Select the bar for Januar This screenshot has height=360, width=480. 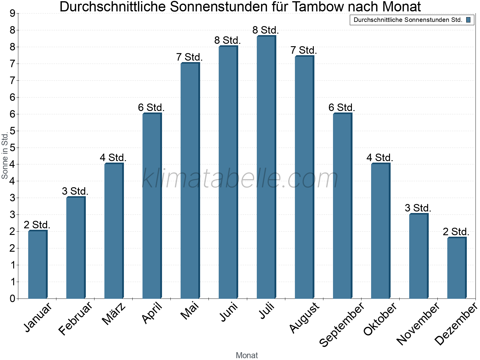(x=37, y=265)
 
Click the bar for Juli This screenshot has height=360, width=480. (x=266, y=167)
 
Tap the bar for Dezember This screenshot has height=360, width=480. (x=457, y=268)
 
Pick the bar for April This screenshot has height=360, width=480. (x=152, y=206)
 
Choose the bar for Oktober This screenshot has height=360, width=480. (x=380, y=231)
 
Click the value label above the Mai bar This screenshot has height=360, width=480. (x=189, y=57)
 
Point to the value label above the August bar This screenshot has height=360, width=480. (x=304, y=50)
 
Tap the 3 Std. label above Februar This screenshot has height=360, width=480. (x=75, y=191)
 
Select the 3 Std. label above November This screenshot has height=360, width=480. (x=418, y=208)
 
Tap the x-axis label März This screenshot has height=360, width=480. (x=114, y=314)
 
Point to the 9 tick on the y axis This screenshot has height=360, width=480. (x=13, y=13)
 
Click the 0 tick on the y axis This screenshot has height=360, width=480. (x=13, y=298)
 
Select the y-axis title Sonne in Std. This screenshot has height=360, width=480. (x=5, y=156)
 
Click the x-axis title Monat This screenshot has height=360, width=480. (x=247, y=355)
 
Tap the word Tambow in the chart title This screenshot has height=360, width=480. (x=319, y=7)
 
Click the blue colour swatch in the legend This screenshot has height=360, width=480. (x=468, y=20)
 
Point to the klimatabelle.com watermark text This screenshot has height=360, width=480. (x=240, y=179)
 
